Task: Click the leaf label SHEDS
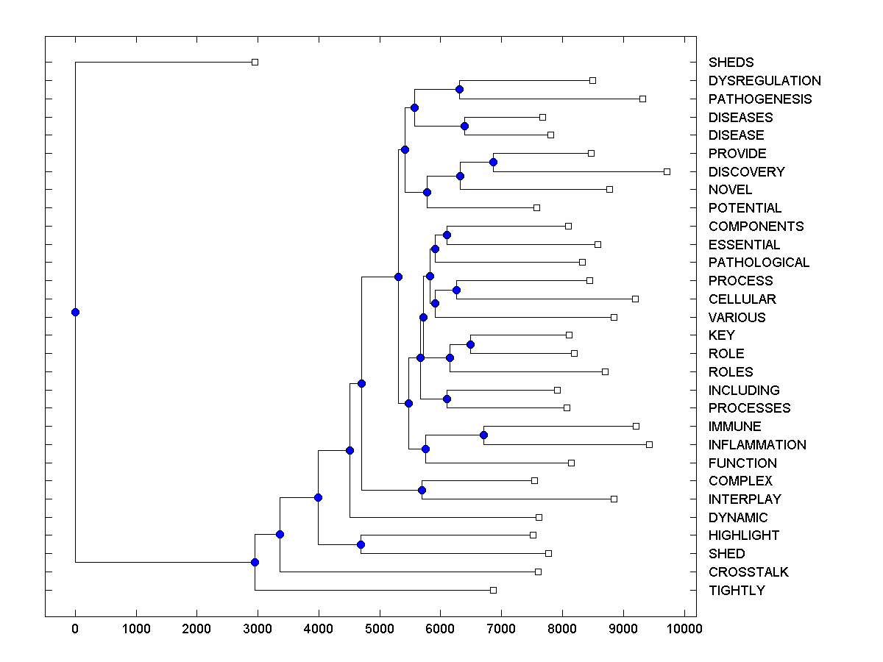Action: pos(731,63)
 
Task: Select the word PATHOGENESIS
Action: pos(760,99)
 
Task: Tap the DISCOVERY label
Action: pos(746,171)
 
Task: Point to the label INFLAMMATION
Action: pos(757,444)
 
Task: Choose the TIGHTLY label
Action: pos(737,590)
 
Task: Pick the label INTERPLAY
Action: pos(745,499)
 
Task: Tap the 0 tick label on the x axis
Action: pos(75,629)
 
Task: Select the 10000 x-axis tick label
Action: pos(684,629)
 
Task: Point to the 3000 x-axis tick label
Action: pos(258,629)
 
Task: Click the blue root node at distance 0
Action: pos(75,312)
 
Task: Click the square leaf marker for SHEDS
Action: pos(255,63)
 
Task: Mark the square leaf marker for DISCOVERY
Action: pos(667,171)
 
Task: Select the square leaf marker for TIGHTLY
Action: pos(493,590)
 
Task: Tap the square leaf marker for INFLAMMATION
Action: pos(649,444)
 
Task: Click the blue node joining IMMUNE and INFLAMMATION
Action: pos(483,435)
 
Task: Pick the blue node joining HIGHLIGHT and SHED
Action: pos(361,544)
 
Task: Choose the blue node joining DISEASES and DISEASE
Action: pos(464,126)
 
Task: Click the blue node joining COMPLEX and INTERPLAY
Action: pos(422,490)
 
